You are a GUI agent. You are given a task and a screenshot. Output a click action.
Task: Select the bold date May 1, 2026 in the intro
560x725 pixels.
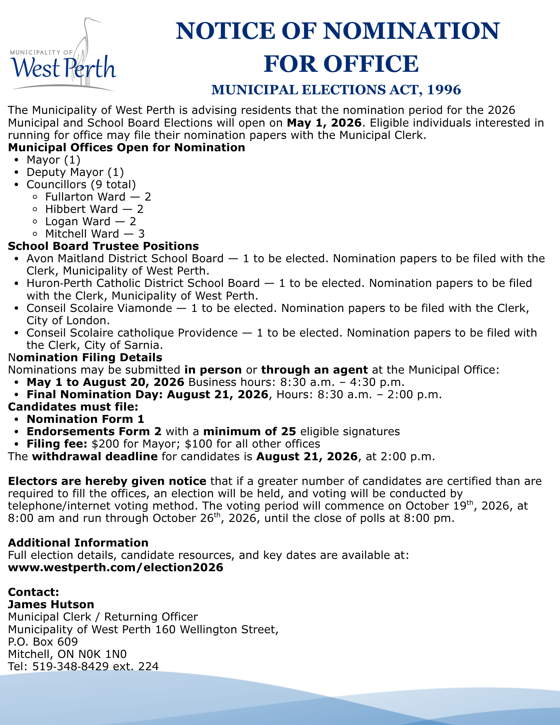point(324,123)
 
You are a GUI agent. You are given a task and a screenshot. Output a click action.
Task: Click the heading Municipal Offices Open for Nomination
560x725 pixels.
point(126,148)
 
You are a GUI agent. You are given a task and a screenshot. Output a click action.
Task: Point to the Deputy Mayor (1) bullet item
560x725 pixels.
point(75,172)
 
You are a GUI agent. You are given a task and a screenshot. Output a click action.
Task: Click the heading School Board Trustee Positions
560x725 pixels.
point(103,246)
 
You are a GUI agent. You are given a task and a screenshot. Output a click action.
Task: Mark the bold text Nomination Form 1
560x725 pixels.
point(86,419)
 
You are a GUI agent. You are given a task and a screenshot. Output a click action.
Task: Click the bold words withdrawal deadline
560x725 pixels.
point(95,456)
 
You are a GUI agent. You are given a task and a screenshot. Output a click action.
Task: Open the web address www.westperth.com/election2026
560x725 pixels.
point(115,567)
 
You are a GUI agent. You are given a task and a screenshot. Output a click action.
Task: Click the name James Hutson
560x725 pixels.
point(51,604)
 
